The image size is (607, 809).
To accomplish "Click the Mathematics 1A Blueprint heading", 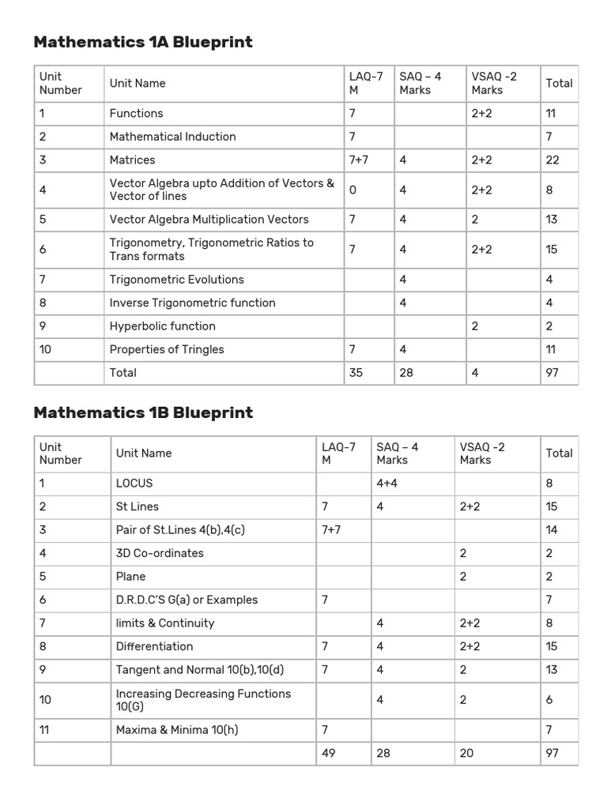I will (x=143, y=43).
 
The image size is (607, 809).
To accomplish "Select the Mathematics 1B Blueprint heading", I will (x=143, y=412).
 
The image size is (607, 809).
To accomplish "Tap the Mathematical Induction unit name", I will (x=172, y=137).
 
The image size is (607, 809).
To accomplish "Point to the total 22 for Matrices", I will (x=552, y=160).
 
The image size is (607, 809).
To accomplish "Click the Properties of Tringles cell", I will (x=167, y=349).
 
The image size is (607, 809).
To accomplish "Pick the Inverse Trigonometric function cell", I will (x=192, y=303).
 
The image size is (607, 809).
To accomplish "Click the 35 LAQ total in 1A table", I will (x=356, y=372).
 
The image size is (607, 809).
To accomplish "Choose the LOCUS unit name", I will (x=134, y=483).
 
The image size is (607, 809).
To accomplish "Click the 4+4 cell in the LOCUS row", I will (x=387, y=483).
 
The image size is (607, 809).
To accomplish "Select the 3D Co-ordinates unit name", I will (x=160, y=553).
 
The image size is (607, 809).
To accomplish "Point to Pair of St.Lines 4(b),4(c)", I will (x=180, y=529).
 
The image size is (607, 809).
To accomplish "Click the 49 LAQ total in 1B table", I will (x=329, y=753).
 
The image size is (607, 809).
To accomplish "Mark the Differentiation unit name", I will (x=154, y=646).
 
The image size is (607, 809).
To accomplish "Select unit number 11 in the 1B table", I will (x=44, y=730).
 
